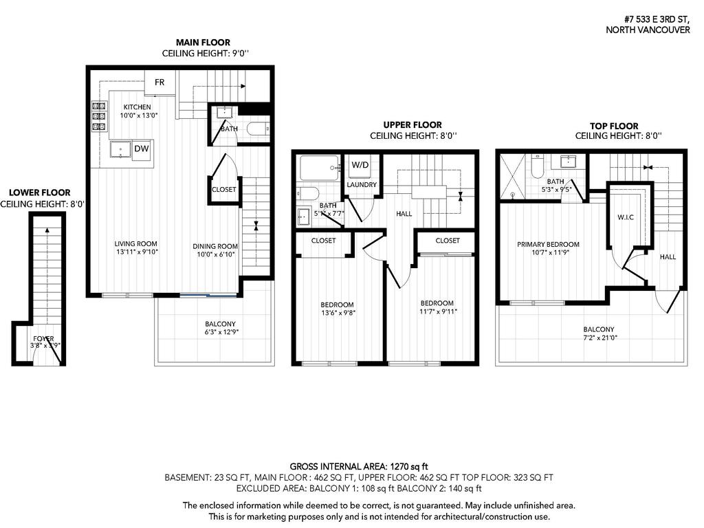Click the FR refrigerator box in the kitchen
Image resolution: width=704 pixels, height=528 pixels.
point(159,82)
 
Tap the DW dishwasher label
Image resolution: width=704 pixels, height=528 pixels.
point(141,148)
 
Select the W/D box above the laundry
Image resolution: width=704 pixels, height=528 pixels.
point(360,166)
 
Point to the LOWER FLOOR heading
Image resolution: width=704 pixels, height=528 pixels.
point(40,193)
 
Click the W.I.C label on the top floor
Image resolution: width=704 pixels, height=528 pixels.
point(625,217)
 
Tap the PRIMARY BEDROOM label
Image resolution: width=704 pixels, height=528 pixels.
point(548,244)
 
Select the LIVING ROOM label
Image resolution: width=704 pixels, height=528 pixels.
point(136,243)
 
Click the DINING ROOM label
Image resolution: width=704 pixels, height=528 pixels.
point(215,246)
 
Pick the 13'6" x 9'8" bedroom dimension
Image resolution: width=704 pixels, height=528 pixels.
point(337,313)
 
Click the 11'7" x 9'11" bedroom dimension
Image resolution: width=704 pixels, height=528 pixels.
point(437,311)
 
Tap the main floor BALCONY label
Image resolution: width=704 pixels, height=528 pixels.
point(220,324)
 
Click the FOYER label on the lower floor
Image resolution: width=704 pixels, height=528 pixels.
point(44,338)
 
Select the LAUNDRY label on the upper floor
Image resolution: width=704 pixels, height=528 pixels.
point(362,185)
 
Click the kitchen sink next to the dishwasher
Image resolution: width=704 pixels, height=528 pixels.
point(121,149)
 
